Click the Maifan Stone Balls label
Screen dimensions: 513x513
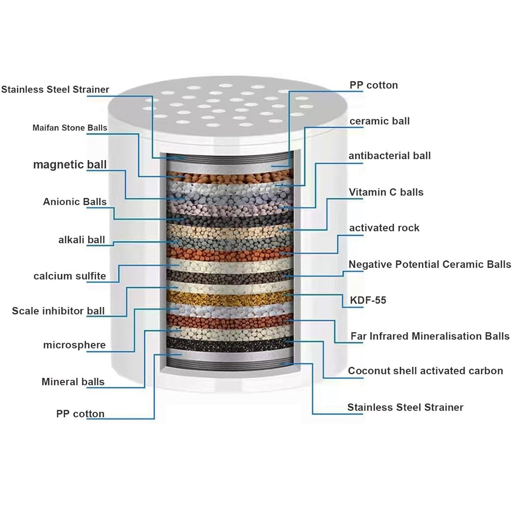70,127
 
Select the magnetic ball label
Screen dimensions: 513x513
70,164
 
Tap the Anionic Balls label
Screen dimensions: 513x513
75,202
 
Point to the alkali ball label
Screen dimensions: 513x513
82,240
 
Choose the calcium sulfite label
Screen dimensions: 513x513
70,276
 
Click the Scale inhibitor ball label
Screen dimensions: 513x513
58,311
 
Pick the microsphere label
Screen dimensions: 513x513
74,345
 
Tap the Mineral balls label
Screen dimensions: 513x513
73,382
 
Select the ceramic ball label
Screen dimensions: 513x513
379,121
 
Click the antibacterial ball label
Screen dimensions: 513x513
390,156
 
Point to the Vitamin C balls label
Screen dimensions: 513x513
386,192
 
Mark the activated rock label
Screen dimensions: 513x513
384,228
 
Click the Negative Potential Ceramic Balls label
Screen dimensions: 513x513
430,264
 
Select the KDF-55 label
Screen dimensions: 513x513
368,300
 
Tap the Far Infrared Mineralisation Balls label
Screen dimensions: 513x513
430,336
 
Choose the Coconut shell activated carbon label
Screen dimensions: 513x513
425,371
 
